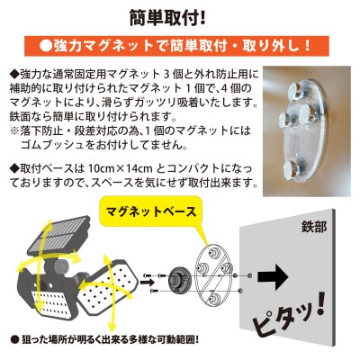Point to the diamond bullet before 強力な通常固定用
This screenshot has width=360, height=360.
pos(12,71)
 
